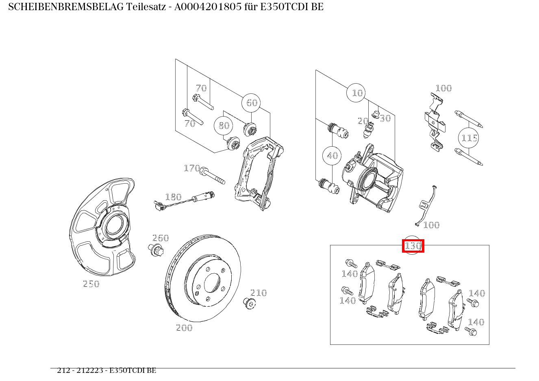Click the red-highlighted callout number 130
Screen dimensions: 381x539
click(x=413, y=246)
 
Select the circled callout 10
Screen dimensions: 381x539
click(x=356, y=93)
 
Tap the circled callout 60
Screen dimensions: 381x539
click(x=252, y=103)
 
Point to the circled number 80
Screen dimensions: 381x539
click(x=224, y=126)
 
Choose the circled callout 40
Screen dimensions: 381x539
click(x=332, y=156)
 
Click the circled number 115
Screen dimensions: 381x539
click(x=469, y=138)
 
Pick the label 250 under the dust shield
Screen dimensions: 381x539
click(x=91, y=284)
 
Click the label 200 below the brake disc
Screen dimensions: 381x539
click(x=184, y=328)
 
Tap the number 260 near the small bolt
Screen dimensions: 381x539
click(x=161, y=238)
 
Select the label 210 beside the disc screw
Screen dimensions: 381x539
click(x=259, y=293)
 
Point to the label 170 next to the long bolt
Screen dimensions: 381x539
click(x=192, y=168)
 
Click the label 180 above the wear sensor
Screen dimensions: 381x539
click(x=173, y=197)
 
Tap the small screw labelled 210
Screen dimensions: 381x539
click(x=248, y=303)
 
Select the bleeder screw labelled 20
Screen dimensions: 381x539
click(x=369, y=130)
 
